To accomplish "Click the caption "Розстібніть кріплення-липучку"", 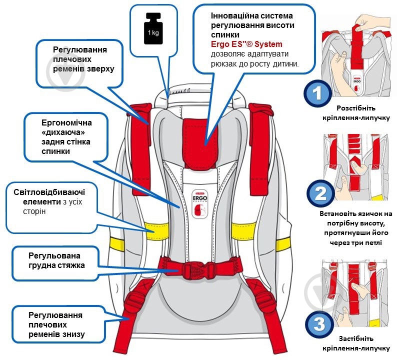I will tap(355, 112).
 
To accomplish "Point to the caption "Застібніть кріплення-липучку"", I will tap(355, 342).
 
